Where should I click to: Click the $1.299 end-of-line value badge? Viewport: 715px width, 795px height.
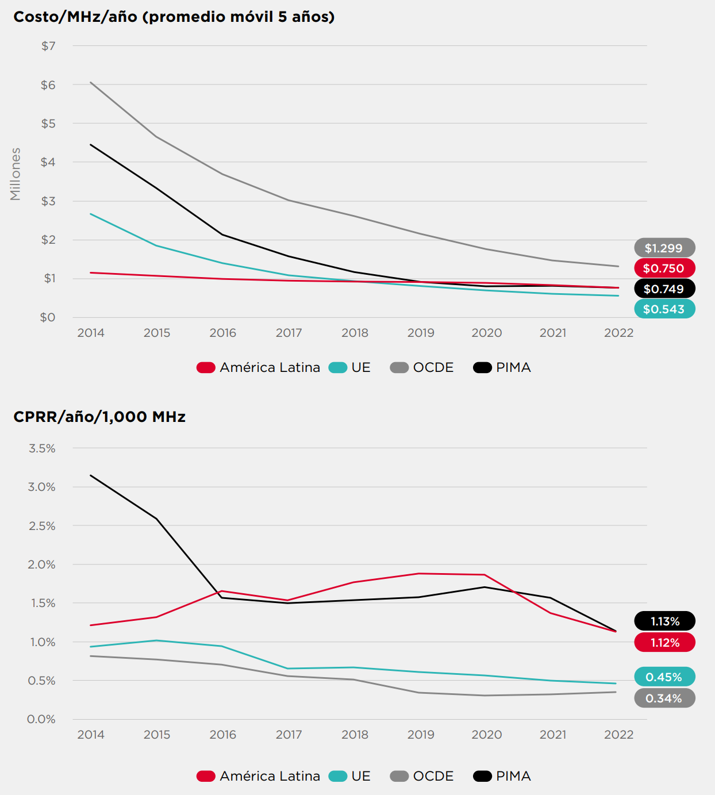[x=664, y=248]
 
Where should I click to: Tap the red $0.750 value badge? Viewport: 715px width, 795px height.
[x=664, y=268]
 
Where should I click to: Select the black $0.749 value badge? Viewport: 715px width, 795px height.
[x=664, y=289]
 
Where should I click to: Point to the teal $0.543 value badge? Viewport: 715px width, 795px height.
[x=664, y=309]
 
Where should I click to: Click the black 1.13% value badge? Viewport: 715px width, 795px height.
[x=664, y=621]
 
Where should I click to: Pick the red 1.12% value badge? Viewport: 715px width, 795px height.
[x=664, y=642]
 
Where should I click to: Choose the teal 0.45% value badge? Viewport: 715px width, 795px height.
[x=664, y=677]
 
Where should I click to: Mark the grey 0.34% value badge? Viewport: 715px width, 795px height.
[x=664, y=698]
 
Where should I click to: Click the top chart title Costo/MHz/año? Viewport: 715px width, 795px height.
[x=174, y=17]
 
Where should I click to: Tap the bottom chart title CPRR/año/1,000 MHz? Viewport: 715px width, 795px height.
[x=99, y=417]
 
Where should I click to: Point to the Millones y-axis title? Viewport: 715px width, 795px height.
[x=16, y=174]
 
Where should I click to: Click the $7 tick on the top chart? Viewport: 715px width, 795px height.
[x=48, y=46]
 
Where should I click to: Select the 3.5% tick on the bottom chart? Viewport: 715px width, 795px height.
[x=42, y=448]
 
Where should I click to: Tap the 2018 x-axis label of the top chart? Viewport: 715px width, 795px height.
[x=355, y=333]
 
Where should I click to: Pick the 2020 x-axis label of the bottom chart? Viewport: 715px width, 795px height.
[x=486, y=735]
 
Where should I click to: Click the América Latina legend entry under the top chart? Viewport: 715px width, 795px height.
[x=259, y=367]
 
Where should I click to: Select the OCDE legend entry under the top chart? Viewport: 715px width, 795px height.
[x=422, y=367]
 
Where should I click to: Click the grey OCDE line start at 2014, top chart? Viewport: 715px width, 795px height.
[x=91, y=82]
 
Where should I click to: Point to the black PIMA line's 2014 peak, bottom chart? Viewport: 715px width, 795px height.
[x=91, y=475]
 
